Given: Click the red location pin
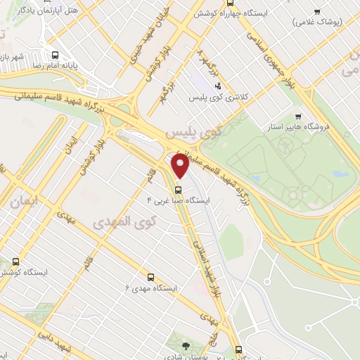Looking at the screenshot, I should pos(181,166).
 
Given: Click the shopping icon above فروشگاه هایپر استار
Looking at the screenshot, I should pos(298,117).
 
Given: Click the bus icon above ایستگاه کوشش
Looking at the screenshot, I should pos(16,262).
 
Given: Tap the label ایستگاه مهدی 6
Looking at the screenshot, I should pos(150,288).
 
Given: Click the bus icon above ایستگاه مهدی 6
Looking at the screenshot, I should pos(150,277).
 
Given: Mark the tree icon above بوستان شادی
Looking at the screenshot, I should pos(185,345).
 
